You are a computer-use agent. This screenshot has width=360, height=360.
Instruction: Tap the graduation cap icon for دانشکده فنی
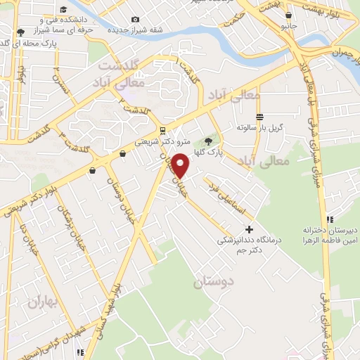[64, 9]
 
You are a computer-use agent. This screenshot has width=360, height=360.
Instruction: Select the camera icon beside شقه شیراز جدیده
[134, 20]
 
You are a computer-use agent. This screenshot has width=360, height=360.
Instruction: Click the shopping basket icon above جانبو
[288, 14]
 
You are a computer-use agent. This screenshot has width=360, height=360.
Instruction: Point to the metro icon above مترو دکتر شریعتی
[162, 130]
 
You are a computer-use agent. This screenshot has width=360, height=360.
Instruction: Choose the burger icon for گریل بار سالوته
[259, 117]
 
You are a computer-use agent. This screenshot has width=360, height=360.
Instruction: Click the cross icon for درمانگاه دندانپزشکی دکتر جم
[249, 229]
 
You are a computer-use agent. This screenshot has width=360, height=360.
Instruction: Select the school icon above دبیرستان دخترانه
[330, 219]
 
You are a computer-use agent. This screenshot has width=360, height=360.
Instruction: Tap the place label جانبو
[288, 25]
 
